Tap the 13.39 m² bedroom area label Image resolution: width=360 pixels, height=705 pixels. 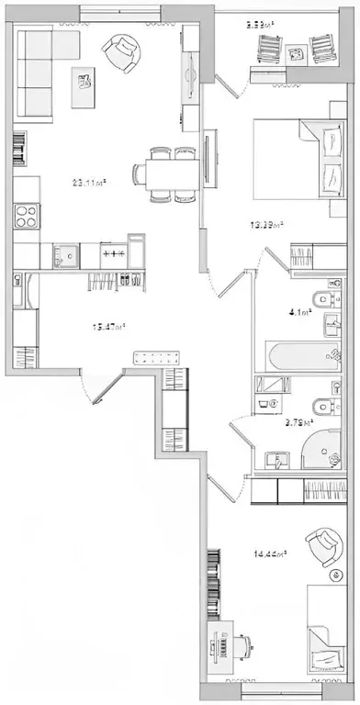pos(267,224)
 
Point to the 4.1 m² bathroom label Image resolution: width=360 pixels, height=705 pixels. pos(299,312)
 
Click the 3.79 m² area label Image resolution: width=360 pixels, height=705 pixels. pos(298,422)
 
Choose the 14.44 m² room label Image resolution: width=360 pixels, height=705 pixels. pos(271,553)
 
